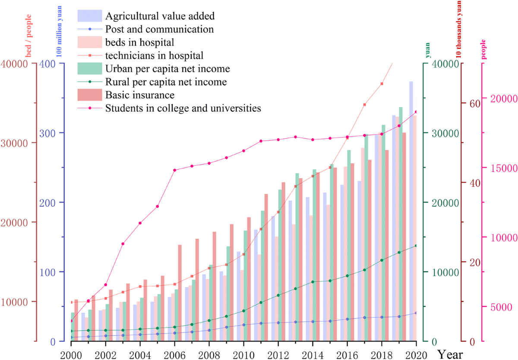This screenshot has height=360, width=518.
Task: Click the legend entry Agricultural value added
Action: [160, 16]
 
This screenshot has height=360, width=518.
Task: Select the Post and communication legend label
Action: [159, 29]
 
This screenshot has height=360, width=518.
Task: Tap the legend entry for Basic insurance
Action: [140, 95]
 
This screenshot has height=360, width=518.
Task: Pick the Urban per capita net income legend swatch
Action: [90, 68]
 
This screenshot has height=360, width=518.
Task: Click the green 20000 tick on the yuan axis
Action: [439, 202]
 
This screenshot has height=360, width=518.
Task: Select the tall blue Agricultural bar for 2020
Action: [411, 211]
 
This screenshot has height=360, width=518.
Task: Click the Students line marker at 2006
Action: [174, 170]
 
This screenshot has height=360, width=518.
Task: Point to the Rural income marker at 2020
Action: [416, 246]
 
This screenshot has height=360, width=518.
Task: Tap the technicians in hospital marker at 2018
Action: [382, 84]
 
